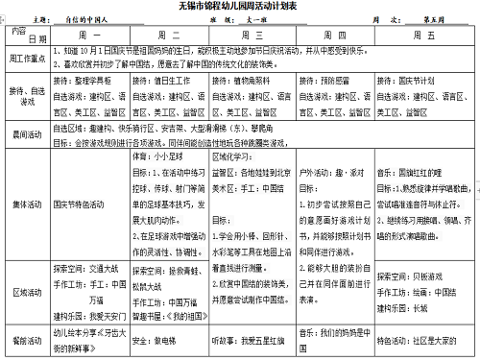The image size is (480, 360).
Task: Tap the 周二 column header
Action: point(168,35)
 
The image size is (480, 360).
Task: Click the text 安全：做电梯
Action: point(152,339)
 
